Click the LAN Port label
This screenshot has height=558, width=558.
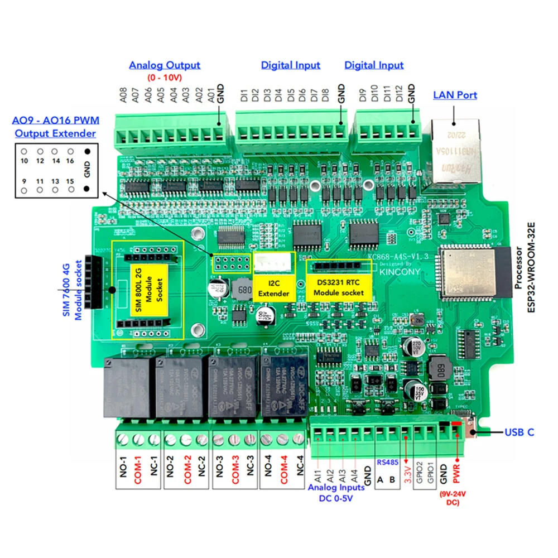point(455,95)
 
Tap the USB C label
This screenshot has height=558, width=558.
point(519,432)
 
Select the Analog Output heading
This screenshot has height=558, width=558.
point(165,65)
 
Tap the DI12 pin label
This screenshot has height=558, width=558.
point(399,93)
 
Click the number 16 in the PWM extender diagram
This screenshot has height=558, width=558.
point(70,161)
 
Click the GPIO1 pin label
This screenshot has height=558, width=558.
point(430,475)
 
